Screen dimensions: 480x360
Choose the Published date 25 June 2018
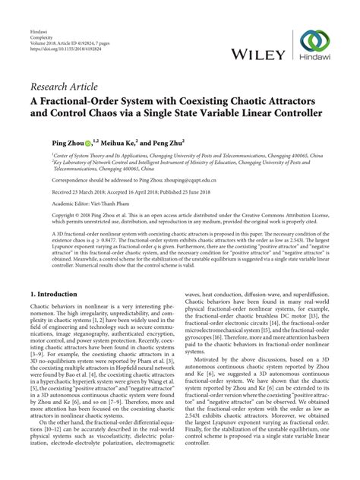coord(191,192)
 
